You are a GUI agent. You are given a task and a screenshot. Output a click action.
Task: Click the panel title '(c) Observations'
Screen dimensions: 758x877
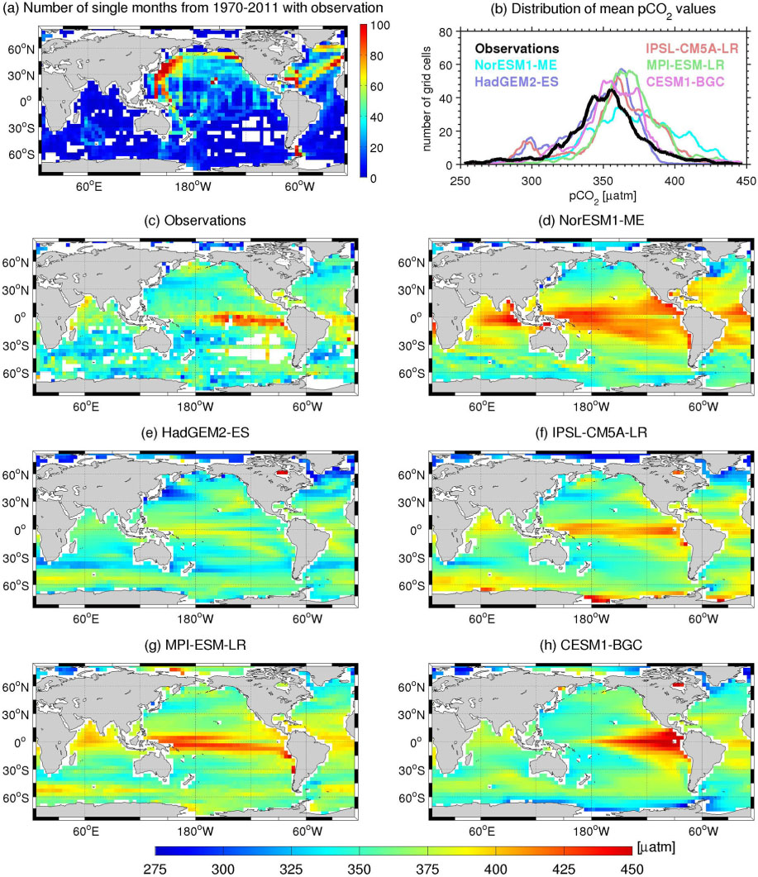pos(195,221)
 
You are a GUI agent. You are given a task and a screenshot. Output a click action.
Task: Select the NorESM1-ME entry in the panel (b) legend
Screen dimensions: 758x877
pos(515,64)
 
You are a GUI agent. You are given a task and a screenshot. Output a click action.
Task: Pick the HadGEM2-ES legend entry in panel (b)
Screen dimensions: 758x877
pos(517,82)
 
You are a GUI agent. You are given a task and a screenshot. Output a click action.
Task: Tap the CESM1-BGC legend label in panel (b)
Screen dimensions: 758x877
pos(685,82)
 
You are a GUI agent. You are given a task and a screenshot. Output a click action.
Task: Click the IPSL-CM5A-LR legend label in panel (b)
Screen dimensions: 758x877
pos(692,49)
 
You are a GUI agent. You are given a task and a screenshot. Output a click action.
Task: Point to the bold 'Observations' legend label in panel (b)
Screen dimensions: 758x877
pos(517,49)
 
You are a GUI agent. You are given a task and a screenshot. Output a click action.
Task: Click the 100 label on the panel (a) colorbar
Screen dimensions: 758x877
pos(380,25)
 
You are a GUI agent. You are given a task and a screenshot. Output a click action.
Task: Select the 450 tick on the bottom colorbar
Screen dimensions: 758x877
pos(632,869)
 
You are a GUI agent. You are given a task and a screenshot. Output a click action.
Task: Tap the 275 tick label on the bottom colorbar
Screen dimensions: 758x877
pos(155,869)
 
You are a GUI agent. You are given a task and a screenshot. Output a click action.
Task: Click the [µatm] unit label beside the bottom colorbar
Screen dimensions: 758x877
pos(656,847)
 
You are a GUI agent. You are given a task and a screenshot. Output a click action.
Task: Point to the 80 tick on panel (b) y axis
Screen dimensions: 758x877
pos(446,32)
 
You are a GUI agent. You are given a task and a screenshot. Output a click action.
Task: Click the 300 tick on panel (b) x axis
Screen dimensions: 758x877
pos(532,181)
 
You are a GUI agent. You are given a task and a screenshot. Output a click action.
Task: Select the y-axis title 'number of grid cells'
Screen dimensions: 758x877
pos(427,99)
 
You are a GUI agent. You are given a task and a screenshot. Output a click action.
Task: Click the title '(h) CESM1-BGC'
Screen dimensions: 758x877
pos(591,645)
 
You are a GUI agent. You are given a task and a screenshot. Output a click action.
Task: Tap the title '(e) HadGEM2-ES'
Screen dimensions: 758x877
pos(197,432)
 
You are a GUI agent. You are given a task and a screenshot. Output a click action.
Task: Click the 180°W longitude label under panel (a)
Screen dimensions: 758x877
pos(193,186)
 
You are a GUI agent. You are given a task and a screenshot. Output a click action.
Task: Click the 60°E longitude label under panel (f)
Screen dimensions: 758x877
pos(482,618)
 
